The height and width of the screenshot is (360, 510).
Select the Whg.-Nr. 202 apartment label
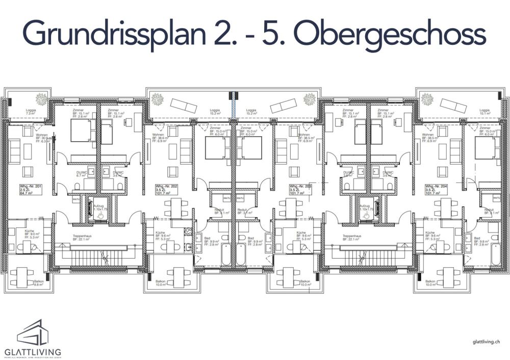(166, 190)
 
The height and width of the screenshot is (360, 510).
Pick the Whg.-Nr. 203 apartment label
(300, 190)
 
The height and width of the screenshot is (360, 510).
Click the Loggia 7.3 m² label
(31, 112)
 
